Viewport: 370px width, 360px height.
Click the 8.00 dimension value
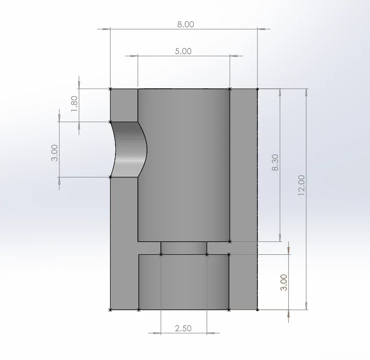(x=185, y=24)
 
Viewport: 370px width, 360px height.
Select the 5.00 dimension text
(x=183, y=51)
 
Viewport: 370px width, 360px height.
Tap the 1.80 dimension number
(x=74, y=104)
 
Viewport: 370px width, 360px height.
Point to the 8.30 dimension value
(x=275, y=162)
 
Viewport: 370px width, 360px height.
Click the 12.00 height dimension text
(x=301, y=185)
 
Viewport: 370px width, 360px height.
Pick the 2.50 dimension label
(x=183, y=329)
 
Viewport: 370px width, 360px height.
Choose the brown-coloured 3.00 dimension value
(x=284, y=283)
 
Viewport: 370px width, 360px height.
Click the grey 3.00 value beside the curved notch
(x=54, y=153)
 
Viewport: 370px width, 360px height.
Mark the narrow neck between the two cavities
(x=184, y=248)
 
